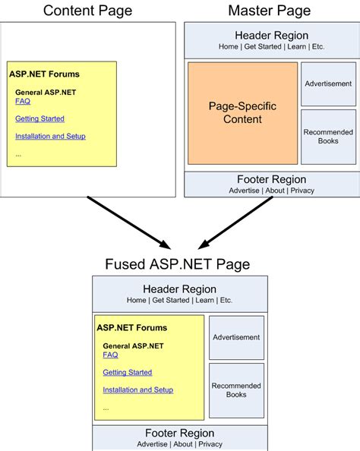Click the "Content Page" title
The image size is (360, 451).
pos(87,11)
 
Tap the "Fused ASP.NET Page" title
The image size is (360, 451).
pos(178,264)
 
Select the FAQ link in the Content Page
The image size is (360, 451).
pos(22,101)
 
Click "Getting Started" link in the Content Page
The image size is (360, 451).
pos(39,118)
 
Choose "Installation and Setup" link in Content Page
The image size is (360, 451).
pos(50,136)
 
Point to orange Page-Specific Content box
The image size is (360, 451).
pos(242,113)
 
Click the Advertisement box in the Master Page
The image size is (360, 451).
pos(328,84)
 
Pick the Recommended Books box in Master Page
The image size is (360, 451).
pos(328,137)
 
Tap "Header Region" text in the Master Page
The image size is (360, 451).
pos(271,36)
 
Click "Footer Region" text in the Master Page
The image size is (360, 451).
pos(271,179)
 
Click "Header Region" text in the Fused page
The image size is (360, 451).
pos(179,289)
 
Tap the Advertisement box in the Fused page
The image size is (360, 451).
pos(236,337)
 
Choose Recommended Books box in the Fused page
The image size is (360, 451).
pos(236,390)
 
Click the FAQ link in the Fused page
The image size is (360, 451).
pos(110,355)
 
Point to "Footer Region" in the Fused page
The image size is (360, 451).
pos(179,433)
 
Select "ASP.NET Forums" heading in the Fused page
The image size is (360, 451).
pos(131,328)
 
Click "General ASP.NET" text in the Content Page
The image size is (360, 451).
pos(46,92)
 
